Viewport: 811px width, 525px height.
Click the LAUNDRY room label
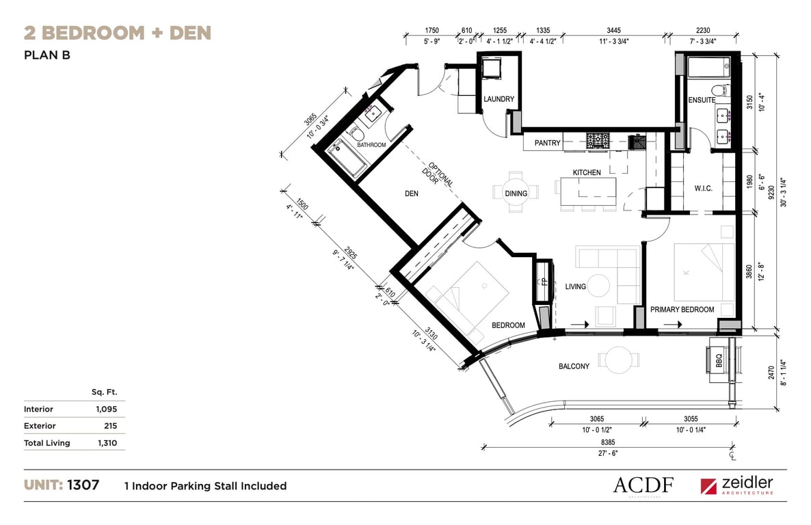498,99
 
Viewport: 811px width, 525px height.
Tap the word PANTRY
547,143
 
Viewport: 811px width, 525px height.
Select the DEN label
412,193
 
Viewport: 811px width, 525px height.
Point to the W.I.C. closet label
703,188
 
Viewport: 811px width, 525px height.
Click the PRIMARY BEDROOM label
682,309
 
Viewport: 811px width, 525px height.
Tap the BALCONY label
574,366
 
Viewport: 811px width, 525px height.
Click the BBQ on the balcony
719,360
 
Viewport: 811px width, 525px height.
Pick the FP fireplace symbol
543,282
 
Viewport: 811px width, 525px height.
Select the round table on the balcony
619,360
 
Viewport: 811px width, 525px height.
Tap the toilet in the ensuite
719,90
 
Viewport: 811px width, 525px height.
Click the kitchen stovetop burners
598,141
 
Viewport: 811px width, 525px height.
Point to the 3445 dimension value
613,31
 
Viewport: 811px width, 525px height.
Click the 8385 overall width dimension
608,442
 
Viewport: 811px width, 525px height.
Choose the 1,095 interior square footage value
107,409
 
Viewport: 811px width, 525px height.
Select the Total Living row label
47,443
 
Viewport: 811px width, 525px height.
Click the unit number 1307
83,485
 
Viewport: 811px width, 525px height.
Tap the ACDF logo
643,486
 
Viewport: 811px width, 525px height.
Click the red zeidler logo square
708,486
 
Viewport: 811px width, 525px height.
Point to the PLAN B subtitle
47,55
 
